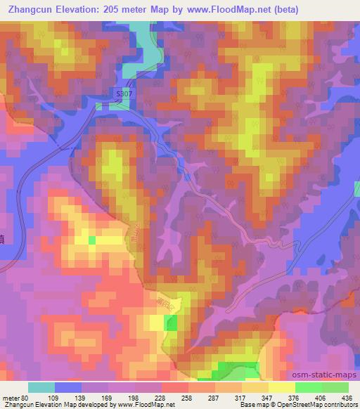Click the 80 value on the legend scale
(x=27, y=398)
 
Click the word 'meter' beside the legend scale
(x=11, y=398)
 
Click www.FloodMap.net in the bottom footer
(x=145, y=405)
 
